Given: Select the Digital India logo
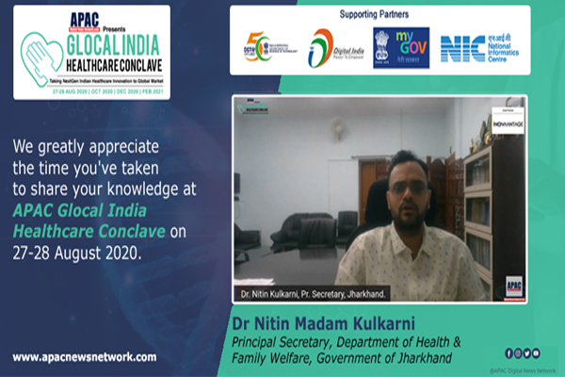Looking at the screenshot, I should [x=323, y=48].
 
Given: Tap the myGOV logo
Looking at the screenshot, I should [x=411, y=47].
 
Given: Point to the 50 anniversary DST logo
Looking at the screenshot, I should [x=258, y=48].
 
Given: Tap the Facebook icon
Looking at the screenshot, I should [x=509, y=353].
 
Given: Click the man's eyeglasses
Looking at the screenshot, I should [x=408, y=186].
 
